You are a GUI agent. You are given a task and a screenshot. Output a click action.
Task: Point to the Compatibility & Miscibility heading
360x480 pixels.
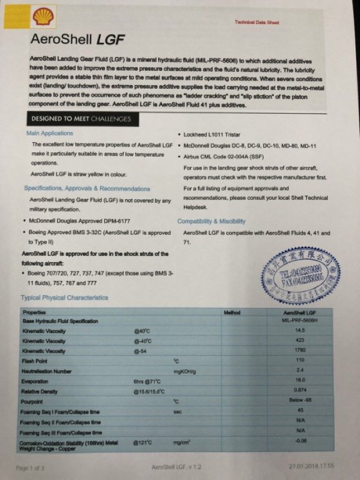click(211, 221)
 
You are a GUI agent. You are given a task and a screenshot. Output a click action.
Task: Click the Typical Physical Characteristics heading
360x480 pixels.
click(64, 298)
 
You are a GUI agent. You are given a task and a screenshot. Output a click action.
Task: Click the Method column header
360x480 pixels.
click(232, 313)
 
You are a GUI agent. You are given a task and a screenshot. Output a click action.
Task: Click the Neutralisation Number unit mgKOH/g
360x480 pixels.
click(185, 371)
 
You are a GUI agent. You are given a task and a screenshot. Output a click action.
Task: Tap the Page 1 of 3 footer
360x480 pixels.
click(30, 467)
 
